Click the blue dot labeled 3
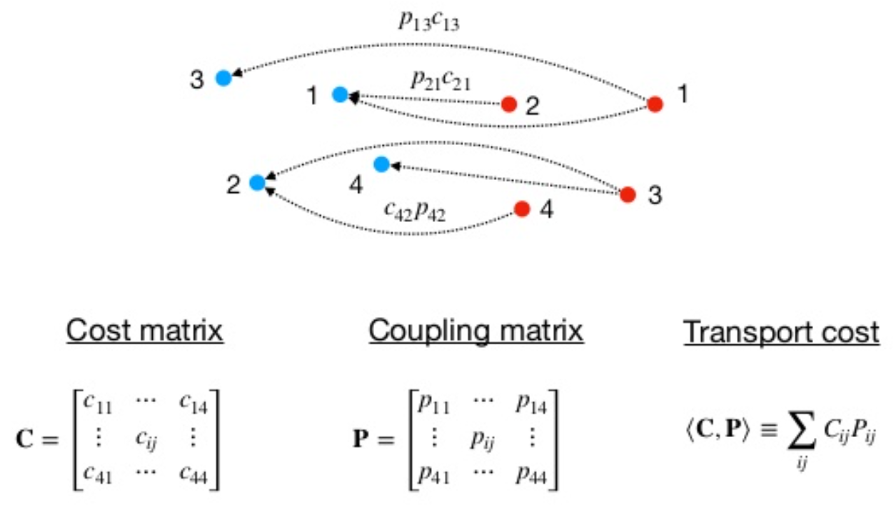223,79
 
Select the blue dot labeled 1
340,94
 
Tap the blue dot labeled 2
257,183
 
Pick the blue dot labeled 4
381,165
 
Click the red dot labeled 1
655,104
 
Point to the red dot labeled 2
508,105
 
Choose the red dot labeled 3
628,194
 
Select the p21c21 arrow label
441,79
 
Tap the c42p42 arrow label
415,211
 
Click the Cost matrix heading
145,331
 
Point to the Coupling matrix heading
476,331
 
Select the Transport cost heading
782,333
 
